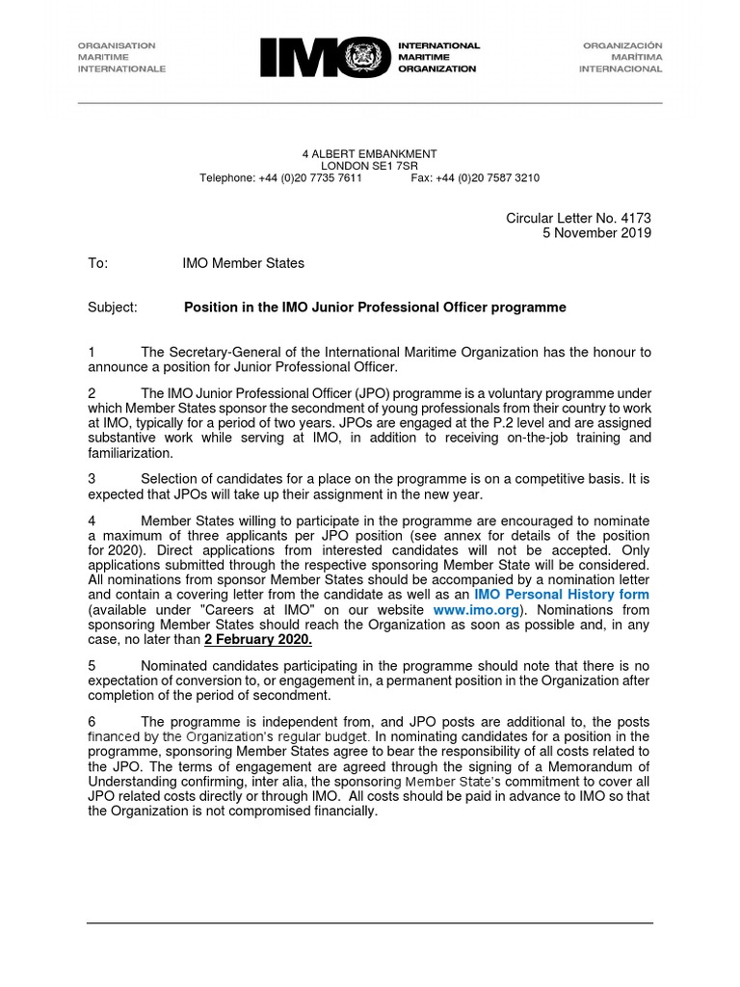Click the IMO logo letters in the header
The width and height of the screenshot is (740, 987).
308,57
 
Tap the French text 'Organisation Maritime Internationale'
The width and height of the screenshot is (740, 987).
121,57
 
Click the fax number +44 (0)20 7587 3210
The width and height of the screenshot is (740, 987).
488,178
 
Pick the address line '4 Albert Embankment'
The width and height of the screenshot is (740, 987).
370,153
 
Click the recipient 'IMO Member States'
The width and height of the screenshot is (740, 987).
243,263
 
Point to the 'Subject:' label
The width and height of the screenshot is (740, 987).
113,307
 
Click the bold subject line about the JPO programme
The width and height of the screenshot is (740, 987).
375,307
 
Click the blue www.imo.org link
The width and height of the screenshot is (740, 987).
475,610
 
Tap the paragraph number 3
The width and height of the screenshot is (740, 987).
92,478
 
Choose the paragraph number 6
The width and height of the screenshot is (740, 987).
92,722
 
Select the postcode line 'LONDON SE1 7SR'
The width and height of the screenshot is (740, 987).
370,166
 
